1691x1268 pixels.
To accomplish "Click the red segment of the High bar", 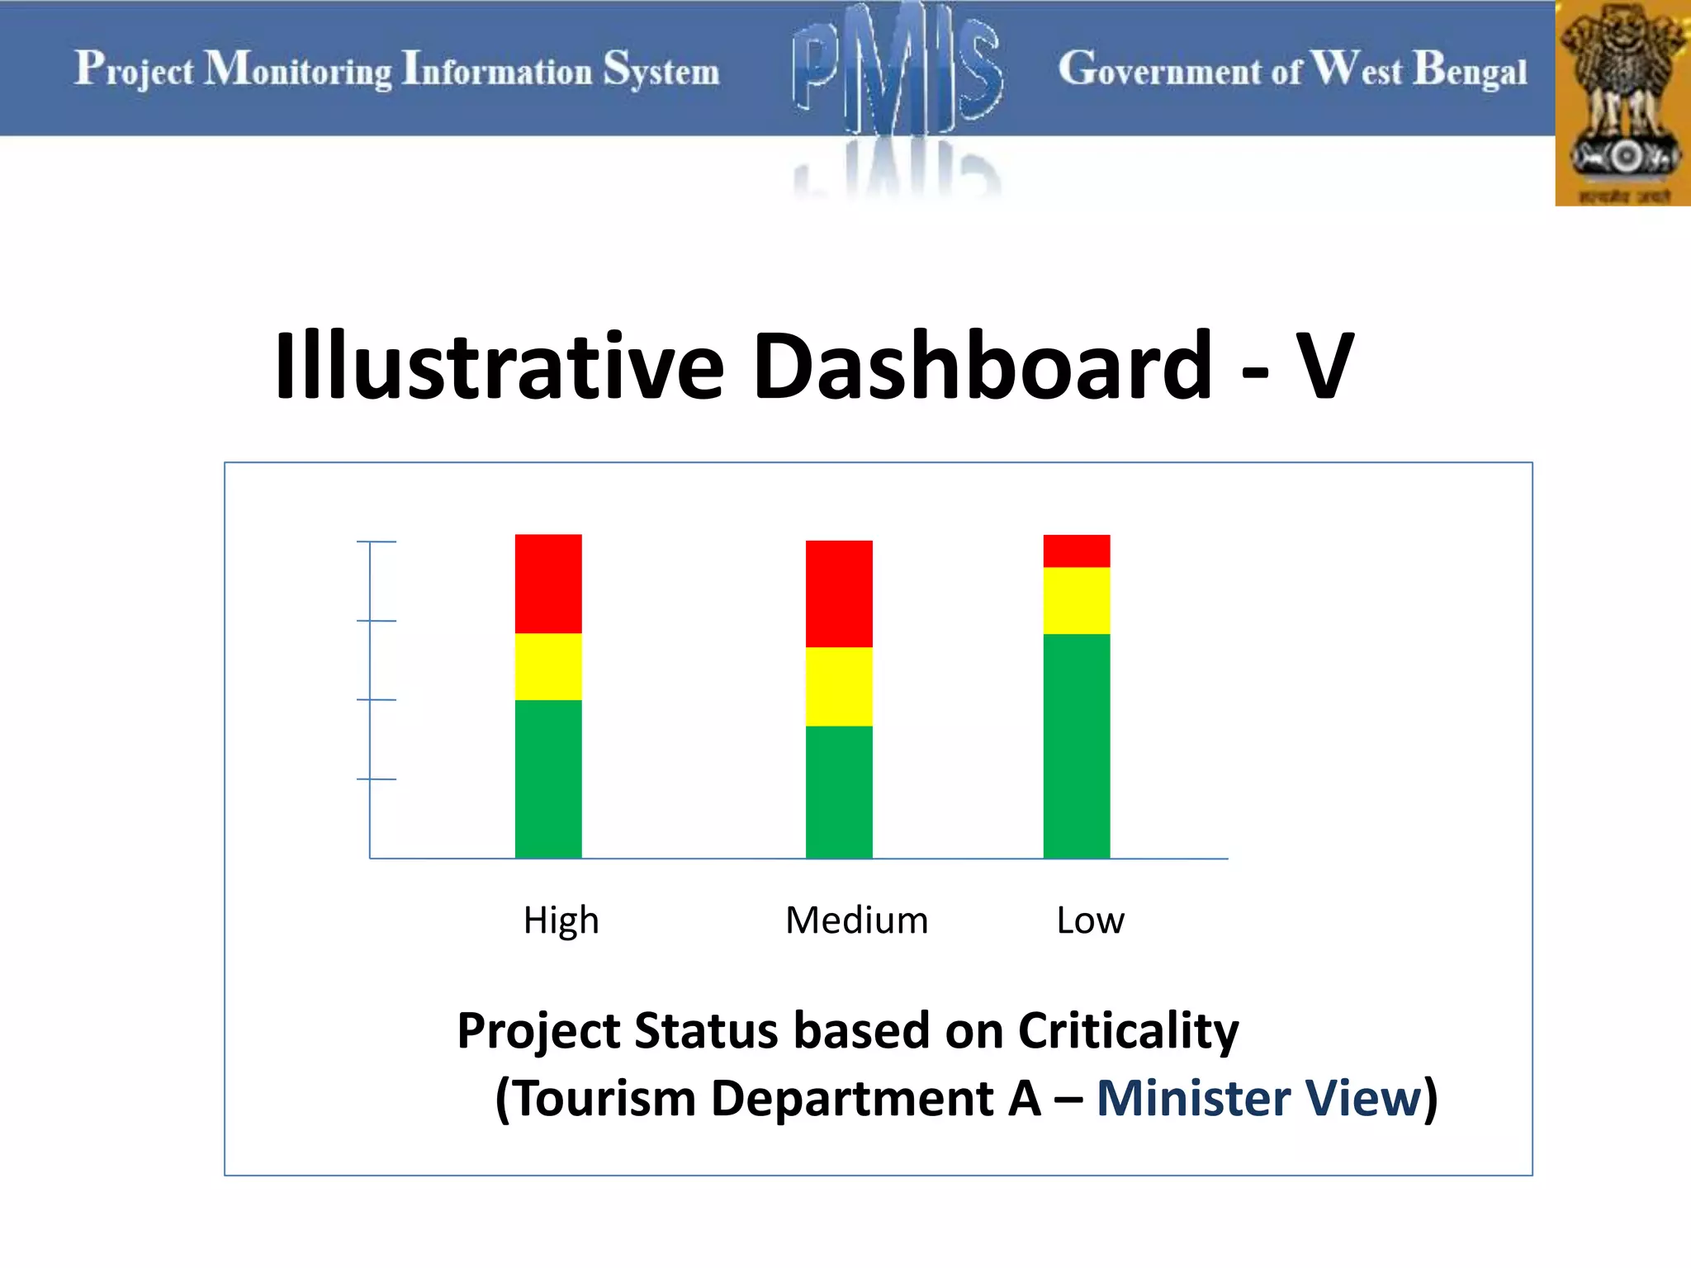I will [x=548, y=584].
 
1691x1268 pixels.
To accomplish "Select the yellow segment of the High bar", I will [x=548, y=666].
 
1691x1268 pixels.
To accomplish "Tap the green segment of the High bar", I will [x=548, y=778].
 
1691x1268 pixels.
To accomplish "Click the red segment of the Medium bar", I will [x=839, y=594].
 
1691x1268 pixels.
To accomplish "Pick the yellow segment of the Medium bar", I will [x=839, y=686].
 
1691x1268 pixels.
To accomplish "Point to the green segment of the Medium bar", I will [x=839, y=792].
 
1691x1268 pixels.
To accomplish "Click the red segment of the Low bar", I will [x=1076, y=551].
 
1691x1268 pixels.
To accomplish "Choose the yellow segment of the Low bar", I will [x=1076, y=600].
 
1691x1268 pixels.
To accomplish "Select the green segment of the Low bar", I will [x=1076, y=745].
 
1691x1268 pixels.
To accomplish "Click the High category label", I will [x=561, y=920].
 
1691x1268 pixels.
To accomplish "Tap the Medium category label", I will [x=856, y=920].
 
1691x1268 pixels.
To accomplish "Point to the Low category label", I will [x=1090, y=920].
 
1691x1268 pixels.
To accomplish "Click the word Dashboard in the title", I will [x=983, y=365].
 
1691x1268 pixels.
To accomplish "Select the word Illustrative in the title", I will [x=499, y=365].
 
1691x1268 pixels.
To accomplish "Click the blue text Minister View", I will [x=1259, y=1098].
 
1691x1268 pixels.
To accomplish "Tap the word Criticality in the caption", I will [x=1128, y=1030].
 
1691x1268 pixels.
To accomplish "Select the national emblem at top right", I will [x=1622, y=103].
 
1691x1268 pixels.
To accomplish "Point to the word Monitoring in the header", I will [x=298, y=69].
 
